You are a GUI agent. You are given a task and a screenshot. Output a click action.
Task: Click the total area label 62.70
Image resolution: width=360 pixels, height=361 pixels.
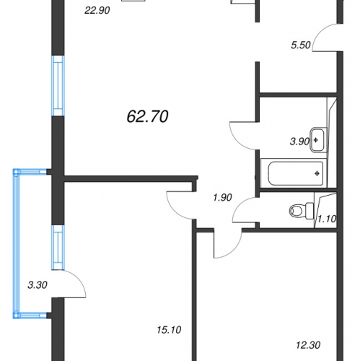[147, 117]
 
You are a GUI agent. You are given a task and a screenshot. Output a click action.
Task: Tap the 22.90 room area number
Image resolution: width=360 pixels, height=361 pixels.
[97, 10]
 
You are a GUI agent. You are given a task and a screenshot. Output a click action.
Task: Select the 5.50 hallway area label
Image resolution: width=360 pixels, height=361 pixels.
[301, 45]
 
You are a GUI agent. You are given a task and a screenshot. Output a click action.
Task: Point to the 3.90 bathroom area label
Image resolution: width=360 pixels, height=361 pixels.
[299, 142]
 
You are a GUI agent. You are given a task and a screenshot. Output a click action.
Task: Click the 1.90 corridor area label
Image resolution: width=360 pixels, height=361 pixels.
[222, 198]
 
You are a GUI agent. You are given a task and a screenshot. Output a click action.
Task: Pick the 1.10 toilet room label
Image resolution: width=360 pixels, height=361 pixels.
[327, 219]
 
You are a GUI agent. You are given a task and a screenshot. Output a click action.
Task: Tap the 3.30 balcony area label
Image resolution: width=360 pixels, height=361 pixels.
[38, 285]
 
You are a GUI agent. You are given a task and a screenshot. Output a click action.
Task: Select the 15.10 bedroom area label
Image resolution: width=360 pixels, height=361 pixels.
[169, 330]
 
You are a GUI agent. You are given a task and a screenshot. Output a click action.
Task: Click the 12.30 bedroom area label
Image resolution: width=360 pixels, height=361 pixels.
[308, 345]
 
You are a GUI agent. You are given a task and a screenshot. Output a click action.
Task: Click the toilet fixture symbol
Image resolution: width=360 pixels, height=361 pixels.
[302, 211]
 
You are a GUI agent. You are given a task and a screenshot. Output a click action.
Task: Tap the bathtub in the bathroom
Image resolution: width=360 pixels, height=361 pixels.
[296, 173]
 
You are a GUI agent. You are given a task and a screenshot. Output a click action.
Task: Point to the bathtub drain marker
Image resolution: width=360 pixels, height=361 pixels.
[317, 173]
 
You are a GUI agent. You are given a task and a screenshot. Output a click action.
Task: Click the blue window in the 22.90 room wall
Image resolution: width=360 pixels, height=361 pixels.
[58, 86]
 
